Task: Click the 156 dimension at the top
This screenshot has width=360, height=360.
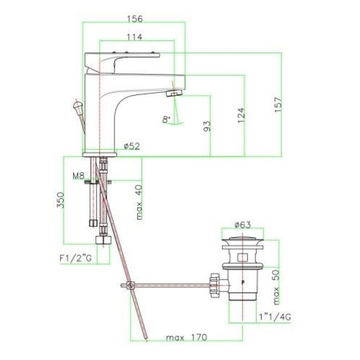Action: [x=135, y=18]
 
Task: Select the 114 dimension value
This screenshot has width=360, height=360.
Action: [x=134, y=37]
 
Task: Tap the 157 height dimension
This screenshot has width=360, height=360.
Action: [x=278, y=104]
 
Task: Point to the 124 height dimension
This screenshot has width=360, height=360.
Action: [x=241, y=115]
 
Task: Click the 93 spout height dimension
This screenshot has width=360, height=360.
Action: [x=207, y=126]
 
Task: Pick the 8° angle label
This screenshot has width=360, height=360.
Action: [x=166, y=119]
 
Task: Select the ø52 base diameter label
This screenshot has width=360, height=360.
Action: [x=132, y=146]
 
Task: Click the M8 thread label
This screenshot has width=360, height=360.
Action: [x=79, y=176]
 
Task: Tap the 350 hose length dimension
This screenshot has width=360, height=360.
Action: [x=60, y=200]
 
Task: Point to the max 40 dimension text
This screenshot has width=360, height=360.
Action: [x=139, y=202]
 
